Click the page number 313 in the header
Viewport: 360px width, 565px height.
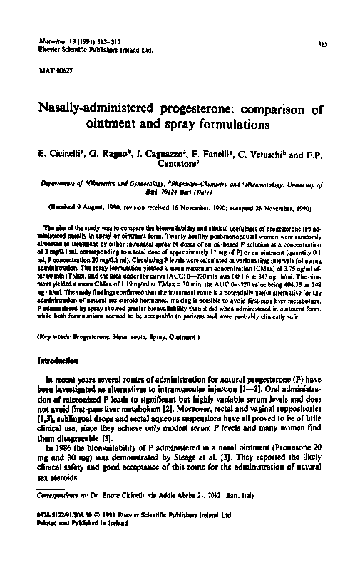click(x=322, y=44)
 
